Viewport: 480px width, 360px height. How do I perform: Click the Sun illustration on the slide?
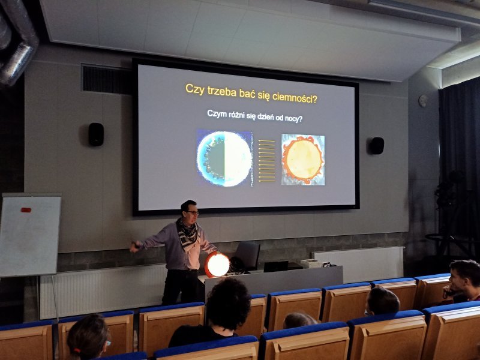(x=303, y=159)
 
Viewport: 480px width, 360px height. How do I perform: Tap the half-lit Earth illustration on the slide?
(x=224, y=158)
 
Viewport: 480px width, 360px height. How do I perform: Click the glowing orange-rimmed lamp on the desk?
(x=217, y=264)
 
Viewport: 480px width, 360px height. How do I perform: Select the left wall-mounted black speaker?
(x=96, y=134)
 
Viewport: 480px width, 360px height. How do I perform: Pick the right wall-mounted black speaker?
(x=377, y=145)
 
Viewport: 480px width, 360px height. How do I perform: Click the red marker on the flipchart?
(x=26, y=210)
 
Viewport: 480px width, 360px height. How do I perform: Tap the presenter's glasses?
(x=193, y=212)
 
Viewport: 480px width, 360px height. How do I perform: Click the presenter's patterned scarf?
(x=187, y=233)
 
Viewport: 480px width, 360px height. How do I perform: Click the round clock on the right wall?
(x=423, y=101)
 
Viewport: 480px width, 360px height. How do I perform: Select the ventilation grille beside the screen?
(x=106, y=79)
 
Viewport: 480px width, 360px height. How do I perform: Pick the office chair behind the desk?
(x=248, y=256)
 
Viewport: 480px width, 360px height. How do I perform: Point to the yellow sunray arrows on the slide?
(x=266, y=161)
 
